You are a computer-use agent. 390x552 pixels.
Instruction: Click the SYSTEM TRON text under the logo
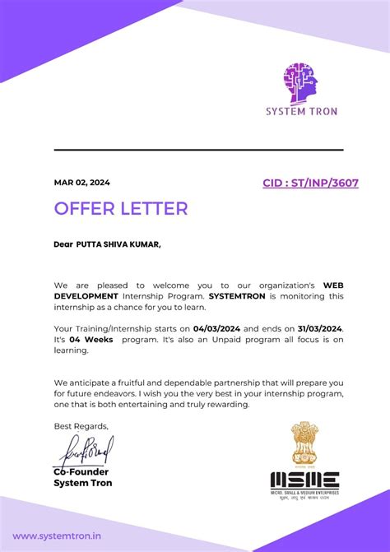click(300, 111)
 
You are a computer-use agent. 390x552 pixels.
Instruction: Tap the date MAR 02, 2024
click(82, 183)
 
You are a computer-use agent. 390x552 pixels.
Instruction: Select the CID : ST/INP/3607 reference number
click(310, 183)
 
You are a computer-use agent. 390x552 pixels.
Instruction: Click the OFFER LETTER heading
click(121, 208)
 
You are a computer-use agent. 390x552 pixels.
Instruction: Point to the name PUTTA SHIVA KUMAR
click(118, 244)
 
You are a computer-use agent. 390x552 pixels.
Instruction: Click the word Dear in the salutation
click(63, 244)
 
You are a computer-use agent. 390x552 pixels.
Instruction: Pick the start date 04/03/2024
click(220, 329)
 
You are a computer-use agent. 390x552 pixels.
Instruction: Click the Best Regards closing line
click(81, 426)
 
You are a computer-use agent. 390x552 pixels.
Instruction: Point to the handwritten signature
click(85, 450)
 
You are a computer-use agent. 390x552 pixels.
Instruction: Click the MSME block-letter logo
click(304, 480)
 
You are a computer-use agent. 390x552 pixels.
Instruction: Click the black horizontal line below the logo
click(198, 150)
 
